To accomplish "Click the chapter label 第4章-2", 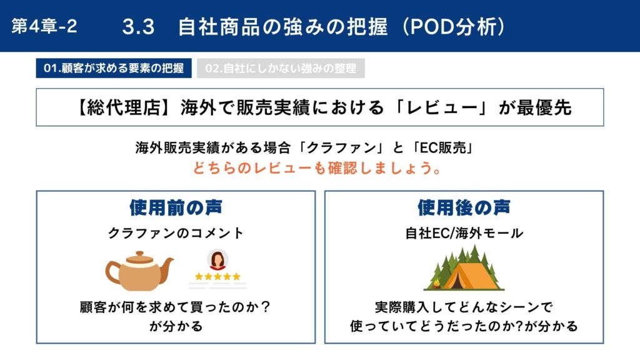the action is (44, 26).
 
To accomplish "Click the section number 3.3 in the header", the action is (138, 27).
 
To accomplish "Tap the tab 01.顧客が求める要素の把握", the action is (114, 68).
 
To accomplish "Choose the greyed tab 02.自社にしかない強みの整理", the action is (281, 68).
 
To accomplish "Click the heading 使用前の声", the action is (176, 207).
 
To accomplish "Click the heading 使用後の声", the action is (464, 207).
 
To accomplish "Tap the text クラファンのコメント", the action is (176, 233).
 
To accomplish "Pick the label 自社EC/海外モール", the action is (464, 233).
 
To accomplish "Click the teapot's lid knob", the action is (139, 254).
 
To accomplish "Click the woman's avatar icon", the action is (217, 260).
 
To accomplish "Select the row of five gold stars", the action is (217, 277).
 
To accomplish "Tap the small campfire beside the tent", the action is (436, 283).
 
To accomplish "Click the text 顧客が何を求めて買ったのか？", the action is (176, 307).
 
